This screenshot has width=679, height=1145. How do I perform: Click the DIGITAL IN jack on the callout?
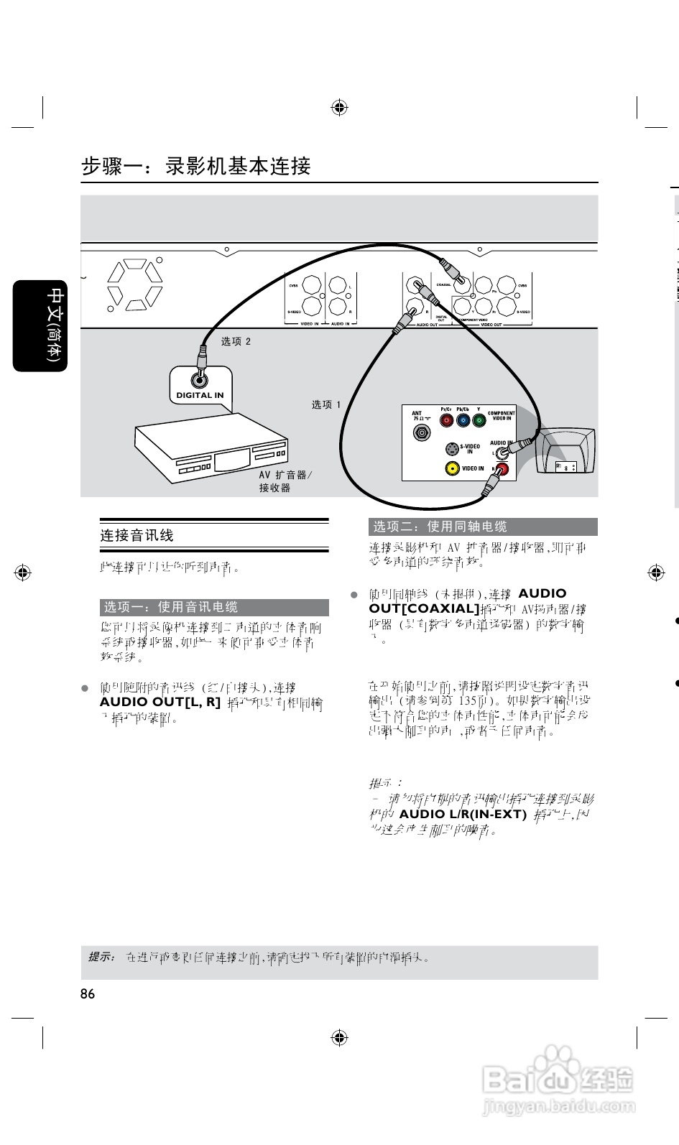[200, 381]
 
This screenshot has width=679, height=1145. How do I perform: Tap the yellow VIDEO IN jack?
[452, 468]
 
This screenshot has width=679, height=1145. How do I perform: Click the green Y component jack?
[479, 420]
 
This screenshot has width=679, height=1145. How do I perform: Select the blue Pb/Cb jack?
[463, 420]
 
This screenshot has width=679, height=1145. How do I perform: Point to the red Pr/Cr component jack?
[447, 420]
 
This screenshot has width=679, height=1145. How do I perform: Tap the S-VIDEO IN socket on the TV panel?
[451, 449]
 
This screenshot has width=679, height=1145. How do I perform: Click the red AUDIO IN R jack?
[502, 470]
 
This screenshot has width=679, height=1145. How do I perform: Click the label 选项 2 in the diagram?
[236, 341]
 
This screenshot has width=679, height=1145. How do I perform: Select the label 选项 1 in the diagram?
[326, 405]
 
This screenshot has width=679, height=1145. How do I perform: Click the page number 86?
[88, 994]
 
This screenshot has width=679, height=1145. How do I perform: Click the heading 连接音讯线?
[137, 535]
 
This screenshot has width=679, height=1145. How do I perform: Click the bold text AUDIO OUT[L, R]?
[160, 702]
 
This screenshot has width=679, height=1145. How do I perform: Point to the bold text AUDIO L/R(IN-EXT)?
[463, 814]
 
